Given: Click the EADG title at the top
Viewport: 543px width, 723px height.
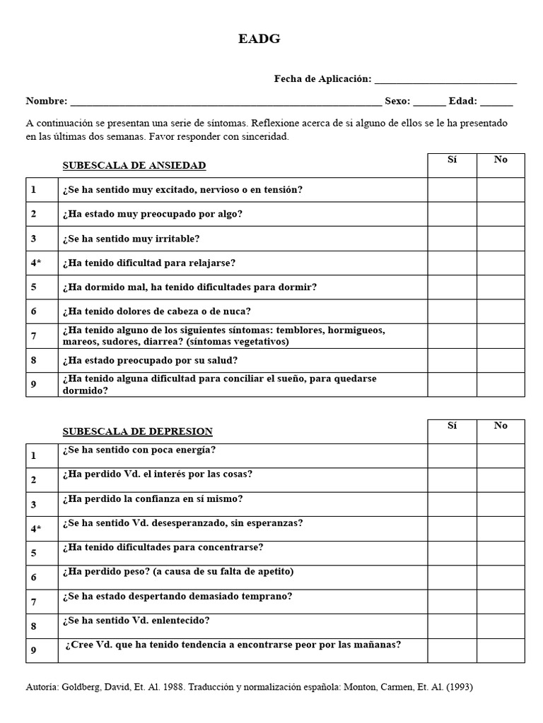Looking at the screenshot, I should [x=259, y=40].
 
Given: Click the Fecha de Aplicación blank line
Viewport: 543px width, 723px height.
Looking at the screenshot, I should [x=445, y=80].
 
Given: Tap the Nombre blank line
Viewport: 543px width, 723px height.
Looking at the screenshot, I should [x=226, y=102].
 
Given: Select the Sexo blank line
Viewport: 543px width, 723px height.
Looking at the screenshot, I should [x=429, y=102].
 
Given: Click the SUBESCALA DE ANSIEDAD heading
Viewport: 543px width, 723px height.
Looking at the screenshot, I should [x=134, y=166].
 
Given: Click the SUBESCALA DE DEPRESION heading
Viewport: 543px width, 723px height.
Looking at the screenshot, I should [x=137, y=431].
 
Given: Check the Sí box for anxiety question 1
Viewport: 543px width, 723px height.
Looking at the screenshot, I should [x=452, y=190].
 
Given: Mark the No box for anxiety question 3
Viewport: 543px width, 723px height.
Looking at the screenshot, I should [x=501, y=239].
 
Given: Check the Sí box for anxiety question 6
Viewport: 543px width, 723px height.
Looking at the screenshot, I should [x=452, y=311].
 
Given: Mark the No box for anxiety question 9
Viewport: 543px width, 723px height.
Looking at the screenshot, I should [x=501, y=384].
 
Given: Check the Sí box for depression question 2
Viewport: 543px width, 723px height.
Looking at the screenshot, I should [x=452, y=480].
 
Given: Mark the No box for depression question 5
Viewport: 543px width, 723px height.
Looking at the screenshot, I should [x=501, y=553].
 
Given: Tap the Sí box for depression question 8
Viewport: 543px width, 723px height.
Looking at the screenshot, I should [x=452, y=626].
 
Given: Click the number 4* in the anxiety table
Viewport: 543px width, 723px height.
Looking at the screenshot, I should [x=36, y=263].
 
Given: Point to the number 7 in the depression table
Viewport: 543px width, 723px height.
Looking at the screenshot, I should [x=33, y=602].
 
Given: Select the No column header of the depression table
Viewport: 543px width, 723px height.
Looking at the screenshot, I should [x=501, y=426].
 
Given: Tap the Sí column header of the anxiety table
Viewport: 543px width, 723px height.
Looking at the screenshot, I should [x=452, y=160].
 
